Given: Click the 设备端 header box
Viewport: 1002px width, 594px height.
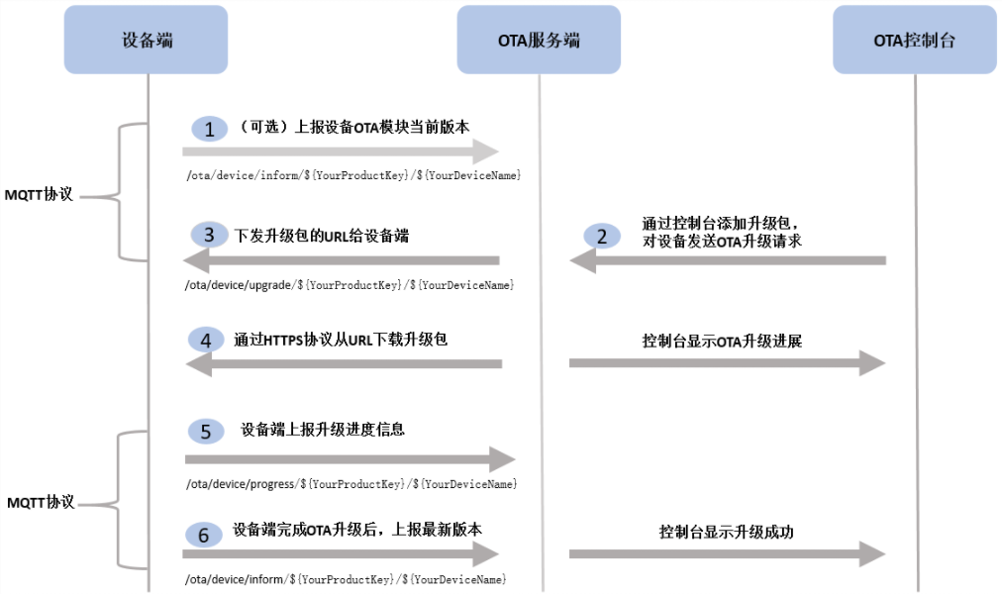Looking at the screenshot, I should coord(147,40).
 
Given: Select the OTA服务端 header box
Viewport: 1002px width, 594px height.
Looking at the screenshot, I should coord(539,40).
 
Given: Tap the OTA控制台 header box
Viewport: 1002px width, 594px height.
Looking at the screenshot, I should coord(914,40).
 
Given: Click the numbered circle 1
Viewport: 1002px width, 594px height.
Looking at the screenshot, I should coord(209,129).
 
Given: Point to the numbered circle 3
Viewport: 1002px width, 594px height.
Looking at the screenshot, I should coord(209,235).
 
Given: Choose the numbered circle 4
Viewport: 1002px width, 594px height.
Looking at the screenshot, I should coord(206,341).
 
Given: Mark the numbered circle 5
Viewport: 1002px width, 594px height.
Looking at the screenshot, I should coord(206,432).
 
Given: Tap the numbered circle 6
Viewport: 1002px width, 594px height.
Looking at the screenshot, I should coord(204,536).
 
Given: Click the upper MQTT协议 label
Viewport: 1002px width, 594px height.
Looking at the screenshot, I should coord(40,194).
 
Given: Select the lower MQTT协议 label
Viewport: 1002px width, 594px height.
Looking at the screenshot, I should coord(41,502).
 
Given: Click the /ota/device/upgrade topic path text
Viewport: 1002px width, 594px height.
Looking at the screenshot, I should coord(350,285).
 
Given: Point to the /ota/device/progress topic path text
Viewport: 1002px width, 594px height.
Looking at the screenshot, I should coord(351,484).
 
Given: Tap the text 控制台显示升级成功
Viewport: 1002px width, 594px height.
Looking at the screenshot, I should coord(727,532).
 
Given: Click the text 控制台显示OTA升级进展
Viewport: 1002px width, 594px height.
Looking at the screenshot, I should coord(722,342).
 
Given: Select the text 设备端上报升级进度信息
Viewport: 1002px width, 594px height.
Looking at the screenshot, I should coord(323,431).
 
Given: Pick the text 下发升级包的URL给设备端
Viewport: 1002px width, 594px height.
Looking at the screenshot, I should coord(321,236).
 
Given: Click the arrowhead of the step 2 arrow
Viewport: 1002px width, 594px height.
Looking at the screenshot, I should coord(581,260).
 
